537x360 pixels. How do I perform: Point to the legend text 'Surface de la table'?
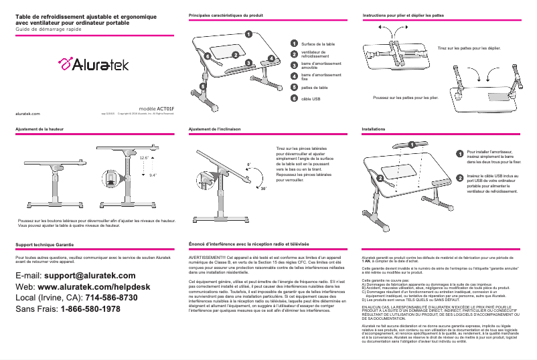pyautogui.click(x=318, y=43)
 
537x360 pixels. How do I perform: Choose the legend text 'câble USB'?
pyautogui.click(x=311, y=98)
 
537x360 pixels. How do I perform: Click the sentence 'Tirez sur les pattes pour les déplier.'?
pyautogui.click(x=469, y=49)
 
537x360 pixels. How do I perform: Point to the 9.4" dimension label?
pyautogui.click(x=153, y=175)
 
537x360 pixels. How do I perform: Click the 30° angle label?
pyautogui.click(x=263, y=189)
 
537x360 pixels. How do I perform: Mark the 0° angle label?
pyautogui.click(x=248, y=163)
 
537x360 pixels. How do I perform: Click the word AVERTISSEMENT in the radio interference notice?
pyautogui.click(x=211, y=258)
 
